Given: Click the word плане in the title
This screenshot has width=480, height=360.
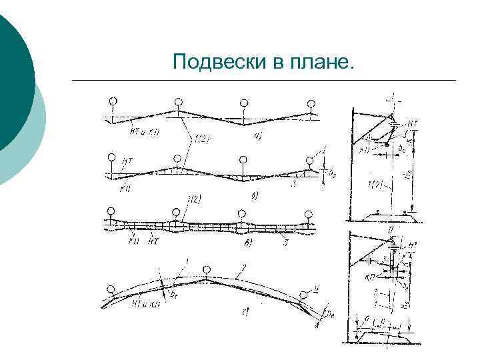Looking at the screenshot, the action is [x=323, y=63].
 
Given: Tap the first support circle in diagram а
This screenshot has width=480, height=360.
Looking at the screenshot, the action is [x=114, y=101].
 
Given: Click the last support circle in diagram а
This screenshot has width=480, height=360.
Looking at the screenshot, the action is [x=311, y=103].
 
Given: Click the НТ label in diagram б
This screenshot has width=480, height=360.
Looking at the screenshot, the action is [x=127, y=161].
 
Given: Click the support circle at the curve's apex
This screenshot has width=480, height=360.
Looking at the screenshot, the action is [x=207, y=269].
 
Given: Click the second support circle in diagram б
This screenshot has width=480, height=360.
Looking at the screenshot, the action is [x=177, y=159].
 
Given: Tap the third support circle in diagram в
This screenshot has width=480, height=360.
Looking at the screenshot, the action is [x=241, y=215].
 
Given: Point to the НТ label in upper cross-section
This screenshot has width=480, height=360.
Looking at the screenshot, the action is [x=413, y=123].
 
